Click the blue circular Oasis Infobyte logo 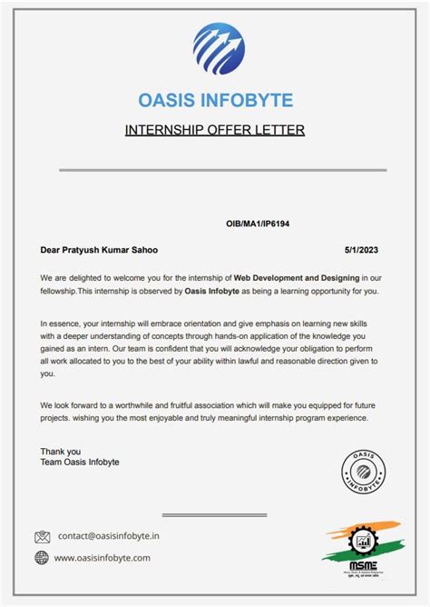coord(219,48)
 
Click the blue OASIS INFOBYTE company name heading coord(215,99)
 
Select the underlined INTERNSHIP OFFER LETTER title coord(215,130)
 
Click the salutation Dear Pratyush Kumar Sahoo coord(103,248)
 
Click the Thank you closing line coord(61,452)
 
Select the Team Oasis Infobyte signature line coord(80,463)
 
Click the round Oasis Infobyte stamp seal coord(366,473)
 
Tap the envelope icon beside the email coord(43,537)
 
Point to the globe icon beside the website coord(42,558)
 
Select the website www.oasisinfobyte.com coord(103,558)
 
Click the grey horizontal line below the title coord(222,170)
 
